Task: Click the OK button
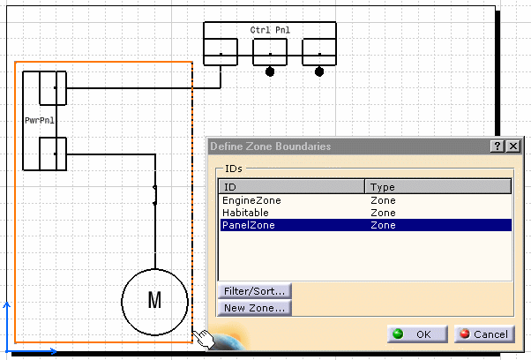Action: (x=417, y=334)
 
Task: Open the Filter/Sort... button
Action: (x=254, y=291)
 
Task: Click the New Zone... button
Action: (x=254, y=308)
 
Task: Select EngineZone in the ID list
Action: (x=251, y=200)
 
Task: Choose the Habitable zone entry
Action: (x=245, y=213)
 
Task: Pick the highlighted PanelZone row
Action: (x=366, y=225)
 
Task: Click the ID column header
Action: (x=292, y=186)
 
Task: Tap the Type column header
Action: (x=438, y=186)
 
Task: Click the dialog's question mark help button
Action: (x=497, y=146)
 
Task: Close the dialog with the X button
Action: (x=513, y=146)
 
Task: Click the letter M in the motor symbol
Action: (x=154, y=300)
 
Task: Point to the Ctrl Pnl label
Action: (x=270, y=30)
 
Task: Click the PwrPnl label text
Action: (x=40, y=120)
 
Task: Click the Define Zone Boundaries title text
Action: (x=270, y=146)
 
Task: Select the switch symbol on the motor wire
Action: (x=155, y=195)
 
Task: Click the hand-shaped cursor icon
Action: (x=204, y=338)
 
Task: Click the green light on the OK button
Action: (x=398, y=334)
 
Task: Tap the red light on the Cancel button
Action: (x=465, y=334)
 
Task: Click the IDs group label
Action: (x=234, y=169)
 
